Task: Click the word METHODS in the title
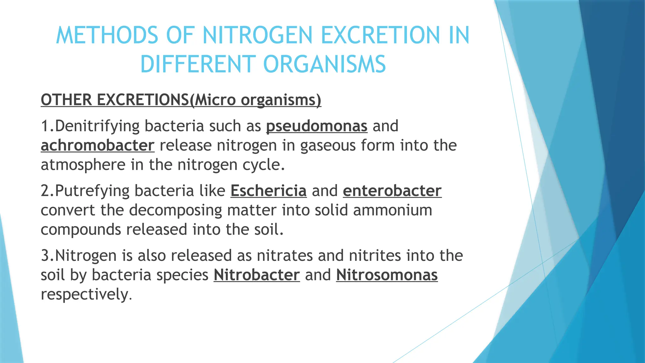click(x=107, y=35)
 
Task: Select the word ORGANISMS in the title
click(x=324, y=64)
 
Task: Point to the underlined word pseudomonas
click(x=317, y=126)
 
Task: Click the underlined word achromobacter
click(x=98, y=146)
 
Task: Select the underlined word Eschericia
click(x=268, y=191)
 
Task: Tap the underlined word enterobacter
click(x=392, y=191)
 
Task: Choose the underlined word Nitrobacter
click(x=257, y=275)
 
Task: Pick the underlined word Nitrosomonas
click(x=387, y=275)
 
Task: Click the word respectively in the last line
click(x=85, y=295)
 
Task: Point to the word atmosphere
click(x=83, y=165)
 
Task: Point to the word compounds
click(x=81, y=230)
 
